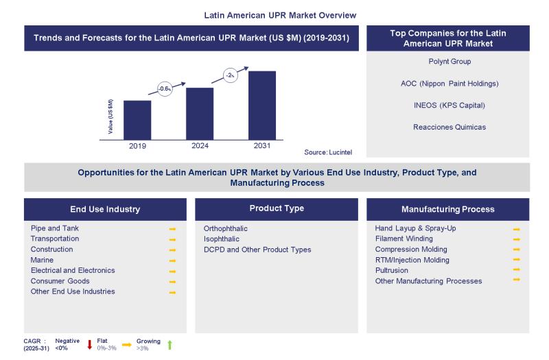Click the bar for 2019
pyautogui.click(x=137, y=119)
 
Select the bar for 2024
pyautogui.click(x=200, y=113)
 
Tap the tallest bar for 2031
pyautogui.click(x=261, y=105)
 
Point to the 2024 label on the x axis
pyautogui.click(x=200, y=145)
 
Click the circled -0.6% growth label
pyautogui.click(x=165, y=89)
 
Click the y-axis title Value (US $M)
pyautogui.click(x=111, y=117)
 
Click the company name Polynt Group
pyautogui.click(x=449, y=62)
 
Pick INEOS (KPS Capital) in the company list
pyautogui.click(x=449, y=105)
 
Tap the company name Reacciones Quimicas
pyautogui.click(x=449, y=127)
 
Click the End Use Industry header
pyautogui.click(x=105, y=209)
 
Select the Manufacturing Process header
pyautogui.click(x=447, y=209)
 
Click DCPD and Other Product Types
pyautogui.click(x=257, y=250)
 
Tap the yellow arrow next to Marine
pyautogui.click(x=172, y=261)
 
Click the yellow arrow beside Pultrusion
pyautogui.click(x=516, y=270)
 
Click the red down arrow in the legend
pyautogui.click(x=90, y=344)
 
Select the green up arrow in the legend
pyautogui.click(x=170, y=344)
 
